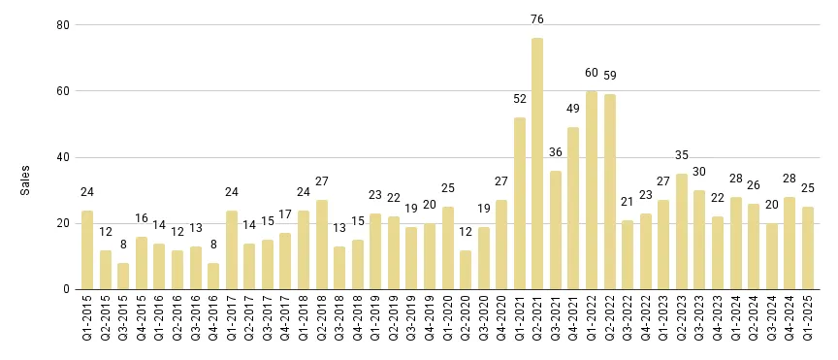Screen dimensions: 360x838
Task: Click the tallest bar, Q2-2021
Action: (537, 164)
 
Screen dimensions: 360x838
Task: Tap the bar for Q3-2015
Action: (123, 277)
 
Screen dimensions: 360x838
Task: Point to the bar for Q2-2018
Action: (321, 245)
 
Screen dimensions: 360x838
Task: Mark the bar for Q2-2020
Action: (466, 270)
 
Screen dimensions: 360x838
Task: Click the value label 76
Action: (537, 18)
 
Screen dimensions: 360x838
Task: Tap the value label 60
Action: (592, 72)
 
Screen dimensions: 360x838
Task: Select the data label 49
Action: (573, 108)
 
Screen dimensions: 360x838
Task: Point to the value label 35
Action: (682, 154)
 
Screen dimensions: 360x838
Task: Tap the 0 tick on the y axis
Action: (64, 289)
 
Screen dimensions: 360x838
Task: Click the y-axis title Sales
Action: (26, 180)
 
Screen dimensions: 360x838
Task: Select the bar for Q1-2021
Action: (520, 204)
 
